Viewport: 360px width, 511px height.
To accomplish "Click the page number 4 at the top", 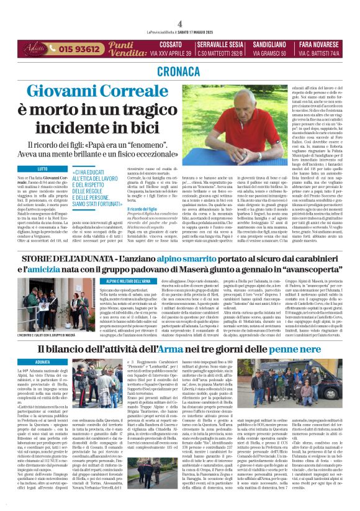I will (179, 24).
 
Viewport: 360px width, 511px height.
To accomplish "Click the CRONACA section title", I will (180, 71).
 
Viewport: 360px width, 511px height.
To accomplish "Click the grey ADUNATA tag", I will (43, 362).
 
